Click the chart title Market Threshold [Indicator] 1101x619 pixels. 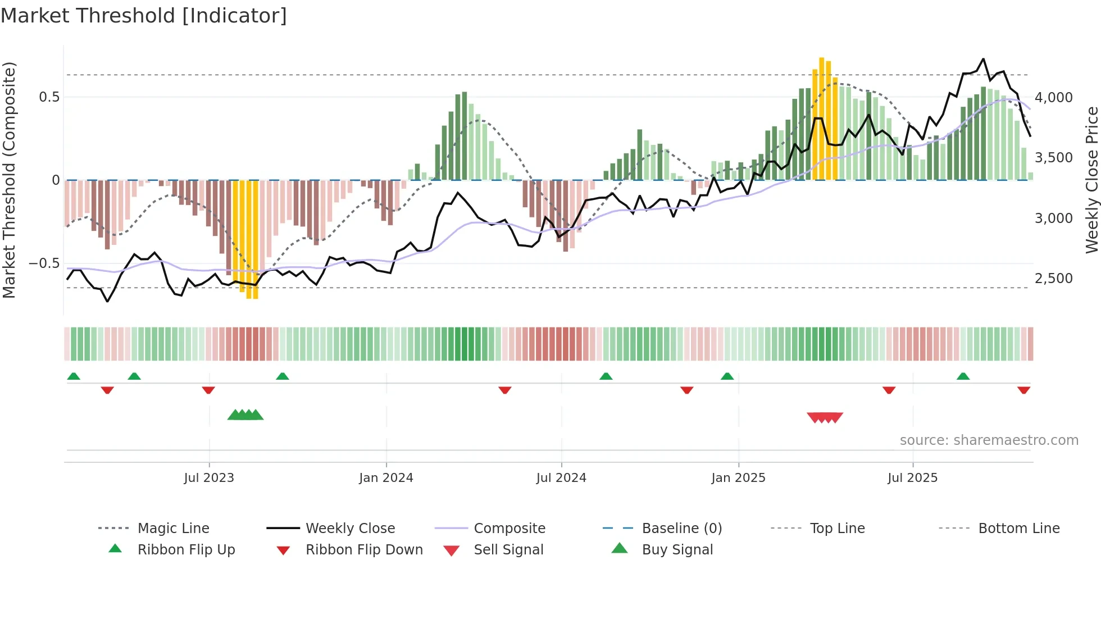pyautogui.click(x=144, y=16)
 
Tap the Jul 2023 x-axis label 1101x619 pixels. pyautogui.click(x=208, y=478)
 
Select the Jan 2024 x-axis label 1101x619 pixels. pyautogui.click(x=386, y=478)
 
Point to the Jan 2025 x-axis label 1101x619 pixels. pyautogui.click(x=738, y=478)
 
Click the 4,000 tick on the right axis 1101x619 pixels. pyautogui.click(x=1053, y=98)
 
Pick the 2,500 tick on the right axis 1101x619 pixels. pyautogui.click(x=1053, y=279)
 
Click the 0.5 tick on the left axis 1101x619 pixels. pyautogui.click(x=49, y=97)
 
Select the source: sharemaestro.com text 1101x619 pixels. pyautogui.click(x=989, y=440)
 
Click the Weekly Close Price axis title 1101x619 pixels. pyautogui.click(x=1091, y=180)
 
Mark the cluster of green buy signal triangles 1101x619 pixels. pyautogui.click(x=245, y=415)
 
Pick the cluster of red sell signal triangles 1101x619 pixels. pyautogui.click(x=825, y=417)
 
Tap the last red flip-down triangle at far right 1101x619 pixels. pyautogui.click(x=1023, y=390)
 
